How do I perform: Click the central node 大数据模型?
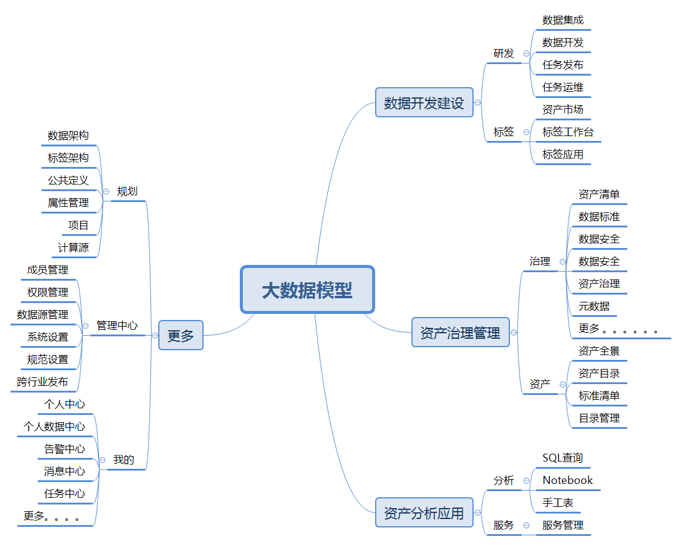307,290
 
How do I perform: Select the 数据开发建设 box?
424,103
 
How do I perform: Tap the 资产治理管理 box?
460,333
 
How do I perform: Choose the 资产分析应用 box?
424,514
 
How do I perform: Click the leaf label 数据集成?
563,20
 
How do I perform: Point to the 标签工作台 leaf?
568,132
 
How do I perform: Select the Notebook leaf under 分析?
568,480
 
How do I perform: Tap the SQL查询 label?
563,458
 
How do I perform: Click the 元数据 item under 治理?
594,306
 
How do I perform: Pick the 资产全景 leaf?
599,351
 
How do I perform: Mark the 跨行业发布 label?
42,382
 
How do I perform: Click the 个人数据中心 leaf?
54,426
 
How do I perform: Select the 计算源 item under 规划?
74,247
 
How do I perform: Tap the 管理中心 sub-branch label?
117,325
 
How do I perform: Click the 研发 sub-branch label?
504,53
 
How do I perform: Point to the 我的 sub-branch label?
124,460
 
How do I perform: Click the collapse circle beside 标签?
526,132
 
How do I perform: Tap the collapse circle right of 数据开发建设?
478,103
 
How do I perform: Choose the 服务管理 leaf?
563,525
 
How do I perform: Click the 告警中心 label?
65,449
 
